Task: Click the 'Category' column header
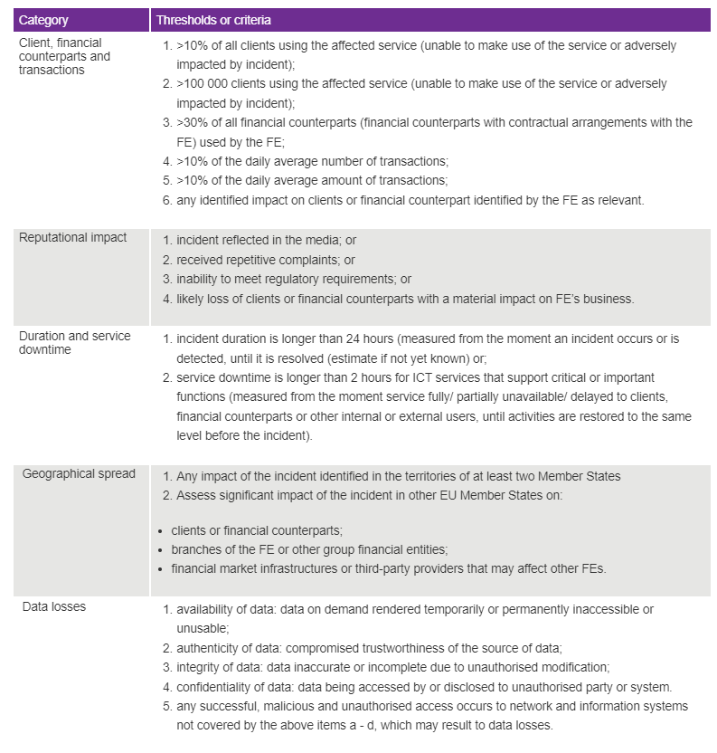click(x=43, y=20)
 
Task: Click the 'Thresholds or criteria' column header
click(x=213, y=20)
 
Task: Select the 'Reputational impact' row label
click(x=73, y=238)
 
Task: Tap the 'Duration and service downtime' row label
click(x=74, y=342)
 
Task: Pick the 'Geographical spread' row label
click(x=79, y=473)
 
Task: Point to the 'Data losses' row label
click(x=54, y=606)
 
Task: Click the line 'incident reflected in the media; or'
click(x=266, y=242)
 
